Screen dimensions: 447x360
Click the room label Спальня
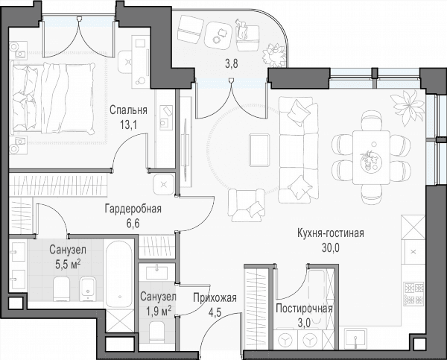click(128, 110)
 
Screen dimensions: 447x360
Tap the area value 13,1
click(128, 124)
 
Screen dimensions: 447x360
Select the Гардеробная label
click(133, 209)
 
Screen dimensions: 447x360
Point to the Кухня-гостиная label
click(330, 233)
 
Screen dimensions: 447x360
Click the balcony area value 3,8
click(231, 64)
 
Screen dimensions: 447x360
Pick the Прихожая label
click(215, 298)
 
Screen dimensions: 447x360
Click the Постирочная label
click(304, 309)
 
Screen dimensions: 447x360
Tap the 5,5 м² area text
click(68, 265)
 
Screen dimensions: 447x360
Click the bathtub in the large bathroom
click(119, 274)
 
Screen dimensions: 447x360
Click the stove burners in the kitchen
click(413, 293)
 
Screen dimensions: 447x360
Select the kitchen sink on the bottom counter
click(355, 338)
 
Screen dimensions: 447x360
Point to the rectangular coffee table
click(259, 150)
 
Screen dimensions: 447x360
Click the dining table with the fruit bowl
click(371, 157)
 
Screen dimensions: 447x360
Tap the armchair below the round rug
click(247, 205)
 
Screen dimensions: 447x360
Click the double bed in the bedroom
click(52, 98)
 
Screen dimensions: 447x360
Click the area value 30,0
click(331, 248)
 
